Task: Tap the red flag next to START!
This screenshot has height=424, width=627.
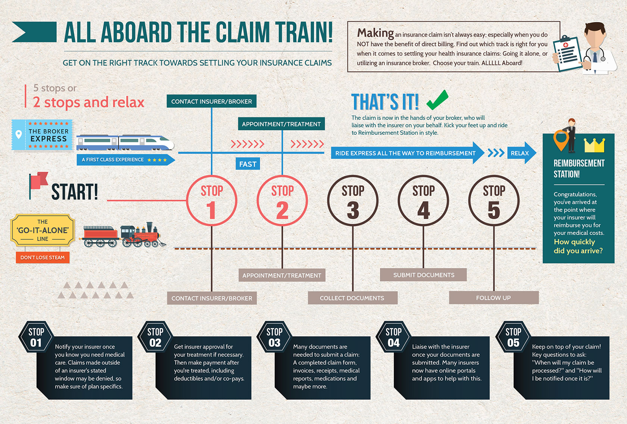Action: click(x=39, y=181)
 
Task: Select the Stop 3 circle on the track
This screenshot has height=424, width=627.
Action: click(x=353, y=200)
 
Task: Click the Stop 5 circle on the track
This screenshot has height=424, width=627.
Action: click(x=494, y=200)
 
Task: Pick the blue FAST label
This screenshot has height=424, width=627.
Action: click(x=248, y=164)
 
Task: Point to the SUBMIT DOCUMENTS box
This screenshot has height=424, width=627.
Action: click(x=423, y=275)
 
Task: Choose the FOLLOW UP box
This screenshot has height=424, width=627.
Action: click(x=494, y=298)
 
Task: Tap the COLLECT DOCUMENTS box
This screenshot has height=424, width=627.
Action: click(x=353, y=298)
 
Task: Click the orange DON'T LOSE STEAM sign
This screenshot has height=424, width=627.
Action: click(x=43, y=257)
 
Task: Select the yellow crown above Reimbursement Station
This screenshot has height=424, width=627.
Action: click(x=595, y=145)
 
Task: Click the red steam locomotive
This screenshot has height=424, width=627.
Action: click(x=141, y=235)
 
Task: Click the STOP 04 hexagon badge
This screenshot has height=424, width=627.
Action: click(x=393, y=337)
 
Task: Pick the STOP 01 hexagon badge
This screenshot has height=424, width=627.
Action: click(x=36, y=337)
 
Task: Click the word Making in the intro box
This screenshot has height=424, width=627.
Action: click(x=375, y=33)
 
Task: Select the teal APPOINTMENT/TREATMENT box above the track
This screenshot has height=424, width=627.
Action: click(x=281, y=124)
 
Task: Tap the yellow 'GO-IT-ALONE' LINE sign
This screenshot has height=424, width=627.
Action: click(x=43, y=230)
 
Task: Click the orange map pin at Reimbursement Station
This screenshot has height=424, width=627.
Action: click(x=561, y=140)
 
